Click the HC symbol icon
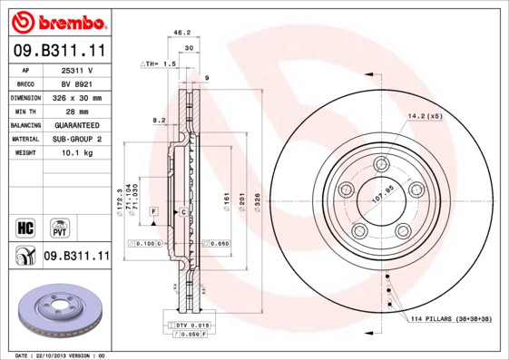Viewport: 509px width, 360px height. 26,226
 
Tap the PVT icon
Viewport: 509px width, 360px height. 59,226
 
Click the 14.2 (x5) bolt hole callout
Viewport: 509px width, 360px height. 425,116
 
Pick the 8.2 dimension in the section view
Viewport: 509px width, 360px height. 159,120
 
